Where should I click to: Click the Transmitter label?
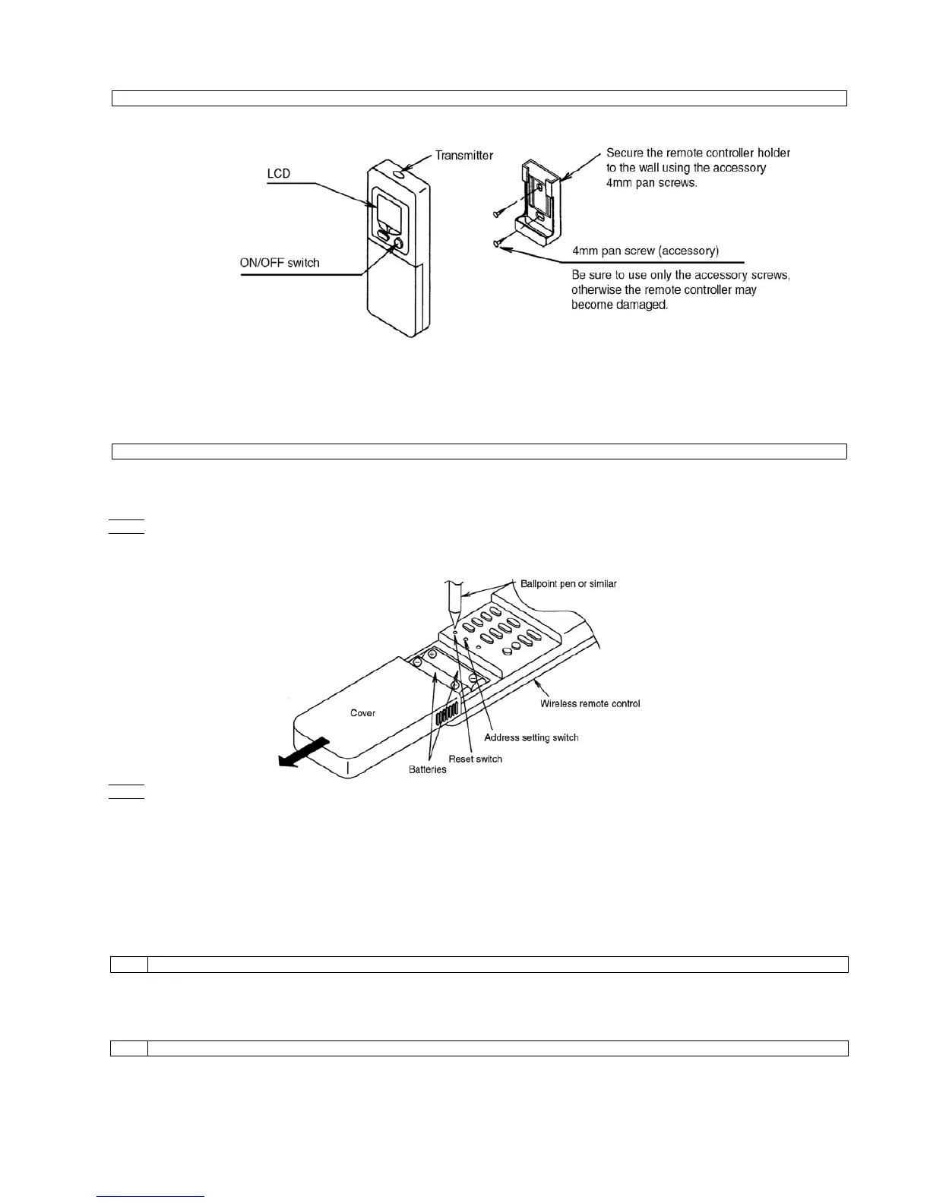463,156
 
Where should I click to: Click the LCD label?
278,174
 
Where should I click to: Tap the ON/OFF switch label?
280,263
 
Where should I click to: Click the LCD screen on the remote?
387,208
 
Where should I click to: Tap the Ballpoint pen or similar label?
568,584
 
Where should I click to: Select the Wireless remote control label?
590,703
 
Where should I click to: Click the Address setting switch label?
531,737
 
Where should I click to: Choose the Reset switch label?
475,759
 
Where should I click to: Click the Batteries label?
428,769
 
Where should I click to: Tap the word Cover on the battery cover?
362,713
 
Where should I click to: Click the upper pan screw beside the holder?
498,215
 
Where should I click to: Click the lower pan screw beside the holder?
496,242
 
